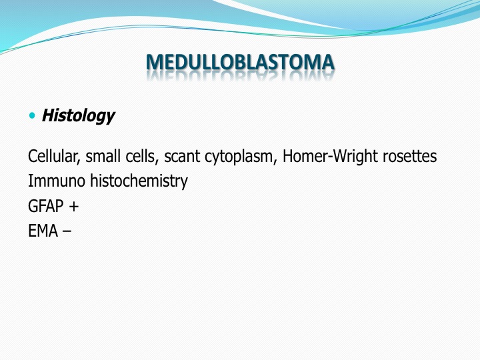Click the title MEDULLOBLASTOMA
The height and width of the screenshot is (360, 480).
click(240, 62)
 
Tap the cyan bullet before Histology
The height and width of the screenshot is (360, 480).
click(32, 116)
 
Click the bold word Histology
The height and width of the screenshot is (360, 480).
click(78, 116)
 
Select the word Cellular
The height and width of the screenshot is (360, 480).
click(54, 157)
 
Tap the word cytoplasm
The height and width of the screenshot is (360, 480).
click(241, 157)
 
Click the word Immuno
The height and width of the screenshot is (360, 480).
click(56, 181)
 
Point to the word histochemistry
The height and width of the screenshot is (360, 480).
click(139, 181)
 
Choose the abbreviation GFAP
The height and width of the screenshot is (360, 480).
click(45, 206)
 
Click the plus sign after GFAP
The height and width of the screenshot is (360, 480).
click(74, 207)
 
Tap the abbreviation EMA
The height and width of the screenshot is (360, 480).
click(43, 231)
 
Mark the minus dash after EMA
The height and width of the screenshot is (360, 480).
click(67, 232)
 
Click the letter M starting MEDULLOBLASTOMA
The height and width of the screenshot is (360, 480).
click(154, 62)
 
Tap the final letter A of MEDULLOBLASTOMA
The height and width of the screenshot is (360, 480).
click(327, 62)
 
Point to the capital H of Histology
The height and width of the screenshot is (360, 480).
click(48, 115)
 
